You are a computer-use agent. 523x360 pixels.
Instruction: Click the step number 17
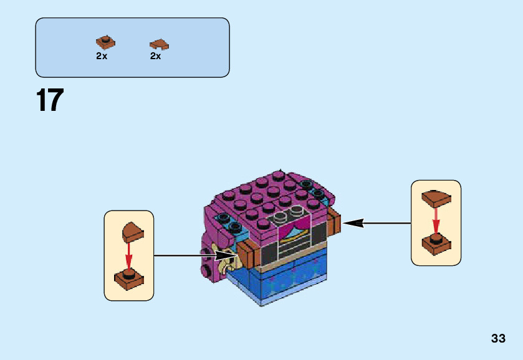(x=50, y=100)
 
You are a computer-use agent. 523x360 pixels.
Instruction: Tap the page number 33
(x=497, y=338)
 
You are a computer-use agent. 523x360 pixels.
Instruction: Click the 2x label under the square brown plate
(x=102, y=56)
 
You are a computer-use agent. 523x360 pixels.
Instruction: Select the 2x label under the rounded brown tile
(x=155, y=56)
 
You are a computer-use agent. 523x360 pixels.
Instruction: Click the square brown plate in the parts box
(x=105, y=42)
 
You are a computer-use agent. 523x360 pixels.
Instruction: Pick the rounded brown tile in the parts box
(x=159, y=44)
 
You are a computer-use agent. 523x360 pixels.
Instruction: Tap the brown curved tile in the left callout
(x=132, y=232)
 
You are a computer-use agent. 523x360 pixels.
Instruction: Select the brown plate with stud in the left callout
(x=129, y=280)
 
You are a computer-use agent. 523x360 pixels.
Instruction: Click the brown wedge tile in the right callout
(x=436, y=198)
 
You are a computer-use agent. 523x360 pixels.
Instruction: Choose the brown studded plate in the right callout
(x=436, y=244)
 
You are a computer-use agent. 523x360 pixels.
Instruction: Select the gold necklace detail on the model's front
(x=292, y=235)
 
